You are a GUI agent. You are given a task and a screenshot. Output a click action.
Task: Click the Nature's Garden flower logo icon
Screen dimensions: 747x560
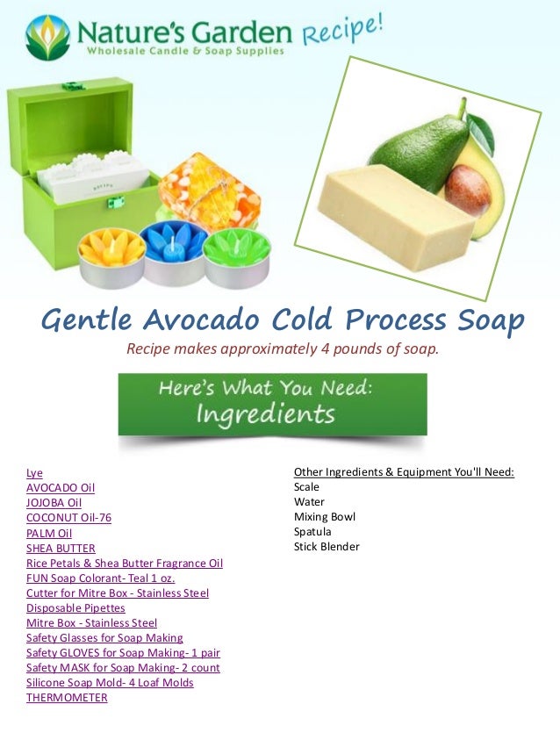click(x=47, y=37)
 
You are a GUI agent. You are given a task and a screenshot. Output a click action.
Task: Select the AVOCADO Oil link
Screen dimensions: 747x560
click(x=61, y=487)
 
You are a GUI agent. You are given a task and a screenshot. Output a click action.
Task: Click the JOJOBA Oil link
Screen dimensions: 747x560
click(x=54, y=502)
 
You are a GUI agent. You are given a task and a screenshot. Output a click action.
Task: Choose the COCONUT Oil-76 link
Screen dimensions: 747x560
click(x=68, y=518)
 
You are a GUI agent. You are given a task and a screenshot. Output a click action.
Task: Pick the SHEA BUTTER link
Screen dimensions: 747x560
click(x=61, y=549)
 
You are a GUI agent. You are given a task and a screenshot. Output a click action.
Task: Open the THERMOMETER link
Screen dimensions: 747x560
click(x=67, y=698)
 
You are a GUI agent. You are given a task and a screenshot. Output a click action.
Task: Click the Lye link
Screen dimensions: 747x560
click(x=34, y=472)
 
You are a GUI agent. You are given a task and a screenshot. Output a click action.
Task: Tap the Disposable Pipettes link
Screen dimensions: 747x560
click(x=75, y=608)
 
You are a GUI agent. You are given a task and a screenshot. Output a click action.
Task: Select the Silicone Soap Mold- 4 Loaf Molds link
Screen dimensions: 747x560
click(x=110, y=683)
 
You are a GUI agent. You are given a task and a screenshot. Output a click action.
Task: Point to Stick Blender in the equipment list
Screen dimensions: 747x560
click(x=327, y=547)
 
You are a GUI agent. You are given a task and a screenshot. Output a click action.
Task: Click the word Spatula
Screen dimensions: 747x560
click(x=312, y=532)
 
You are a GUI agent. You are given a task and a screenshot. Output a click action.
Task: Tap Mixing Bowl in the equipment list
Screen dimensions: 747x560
click(x=324, y=517)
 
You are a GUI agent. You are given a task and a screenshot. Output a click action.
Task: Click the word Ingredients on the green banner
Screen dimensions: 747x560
click(x=265, y=413)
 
